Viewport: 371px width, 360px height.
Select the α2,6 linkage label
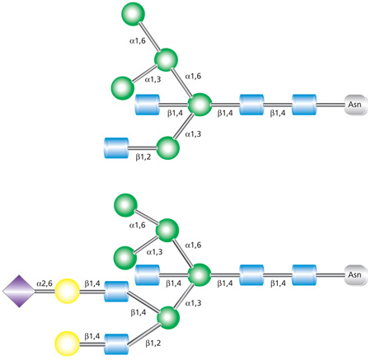(45, 283)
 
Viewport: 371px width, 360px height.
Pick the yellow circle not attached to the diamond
(68, 340)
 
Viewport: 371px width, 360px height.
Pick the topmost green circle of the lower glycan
(125, 203)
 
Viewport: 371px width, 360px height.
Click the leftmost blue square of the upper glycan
(118, 150)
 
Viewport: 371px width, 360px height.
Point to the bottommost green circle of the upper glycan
(167, 148)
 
